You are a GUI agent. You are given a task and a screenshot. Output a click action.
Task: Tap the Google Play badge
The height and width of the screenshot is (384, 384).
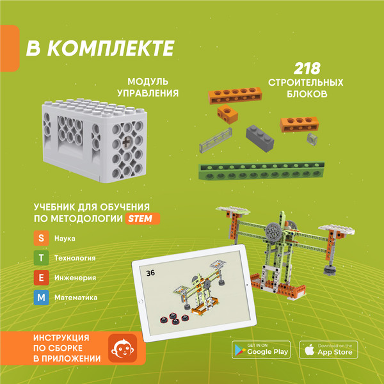261,350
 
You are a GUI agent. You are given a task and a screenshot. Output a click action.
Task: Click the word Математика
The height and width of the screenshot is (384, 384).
76,298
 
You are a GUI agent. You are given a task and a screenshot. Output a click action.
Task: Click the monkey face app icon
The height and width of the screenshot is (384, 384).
120,348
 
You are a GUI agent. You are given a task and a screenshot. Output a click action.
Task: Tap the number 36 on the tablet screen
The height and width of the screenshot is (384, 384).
151,273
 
